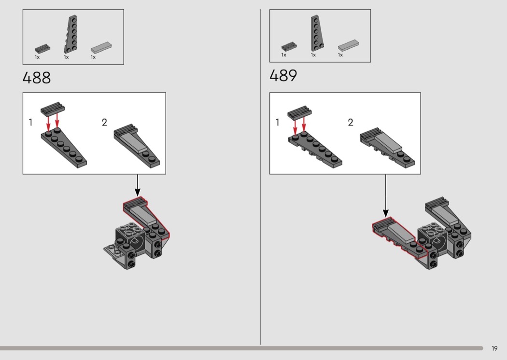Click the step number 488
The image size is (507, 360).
pyautogui.click(x=37, y=78)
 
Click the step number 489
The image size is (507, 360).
pyautogui.click(x=283, y=76)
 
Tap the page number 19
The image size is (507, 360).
pyautogui.click(x=494, y=348)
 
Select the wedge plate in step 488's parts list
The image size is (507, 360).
pyautogui.click(x=71, y=34)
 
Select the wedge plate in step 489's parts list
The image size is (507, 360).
pyautogui.click(x=318, y=33)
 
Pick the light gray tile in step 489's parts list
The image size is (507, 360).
pyautogui.click(x=348, y=45)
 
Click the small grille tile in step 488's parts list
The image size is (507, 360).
pyautogui.click(x=42, y=49)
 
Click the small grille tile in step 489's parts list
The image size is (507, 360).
pyautogui.click(x=289, y=46)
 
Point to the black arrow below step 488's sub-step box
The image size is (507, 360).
pyautogui.click(x=138, y=185)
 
